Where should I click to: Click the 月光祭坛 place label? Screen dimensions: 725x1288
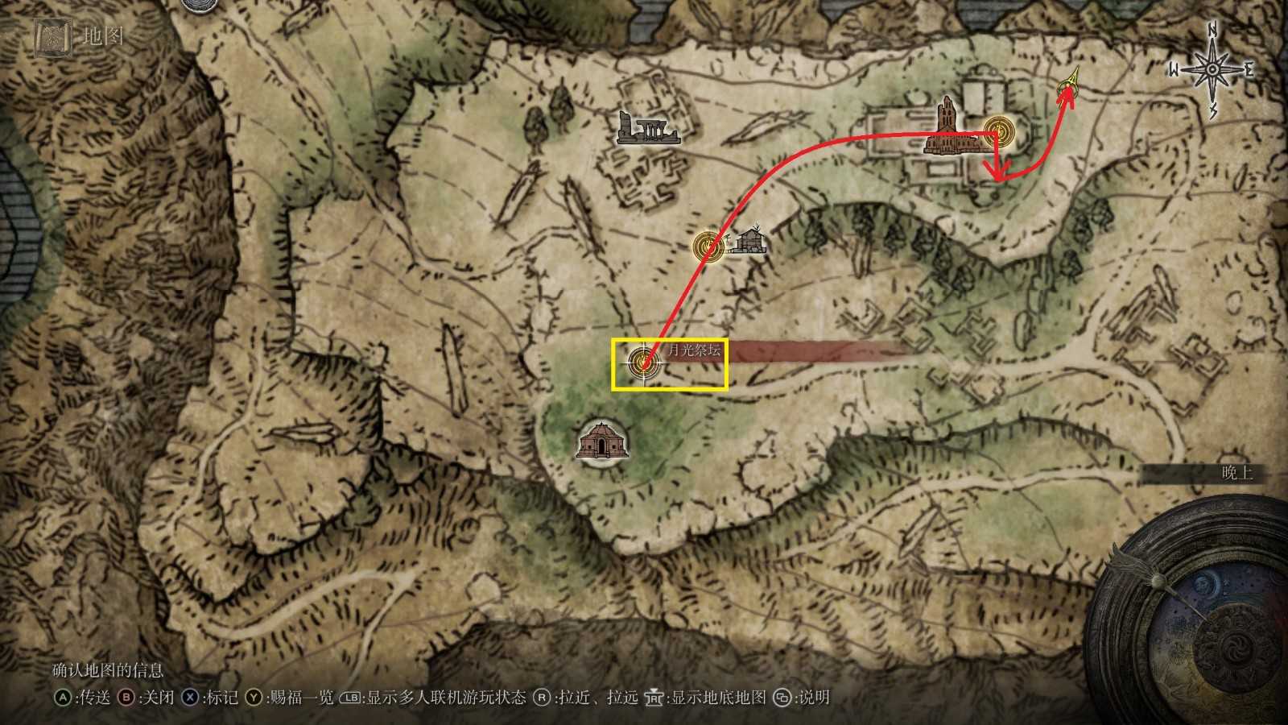(694, 351)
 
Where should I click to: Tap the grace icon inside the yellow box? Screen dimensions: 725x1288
(643, 363)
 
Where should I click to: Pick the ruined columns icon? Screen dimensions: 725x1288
(647, 128)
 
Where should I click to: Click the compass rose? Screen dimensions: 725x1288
(1212, 70)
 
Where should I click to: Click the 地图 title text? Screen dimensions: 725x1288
(103, 36)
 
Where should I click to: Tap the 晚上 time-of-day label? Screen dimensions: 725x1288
(1237, 473)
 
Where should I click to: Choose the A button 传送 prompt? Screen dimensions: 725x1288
(82, 698)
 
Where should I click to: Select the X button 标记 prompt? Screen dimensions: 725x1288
(210, 698)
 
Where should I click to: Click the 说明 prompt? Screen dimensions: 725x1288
(801, 698)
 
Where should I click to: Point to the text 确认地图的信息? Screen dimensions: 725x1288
(108, 670)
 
